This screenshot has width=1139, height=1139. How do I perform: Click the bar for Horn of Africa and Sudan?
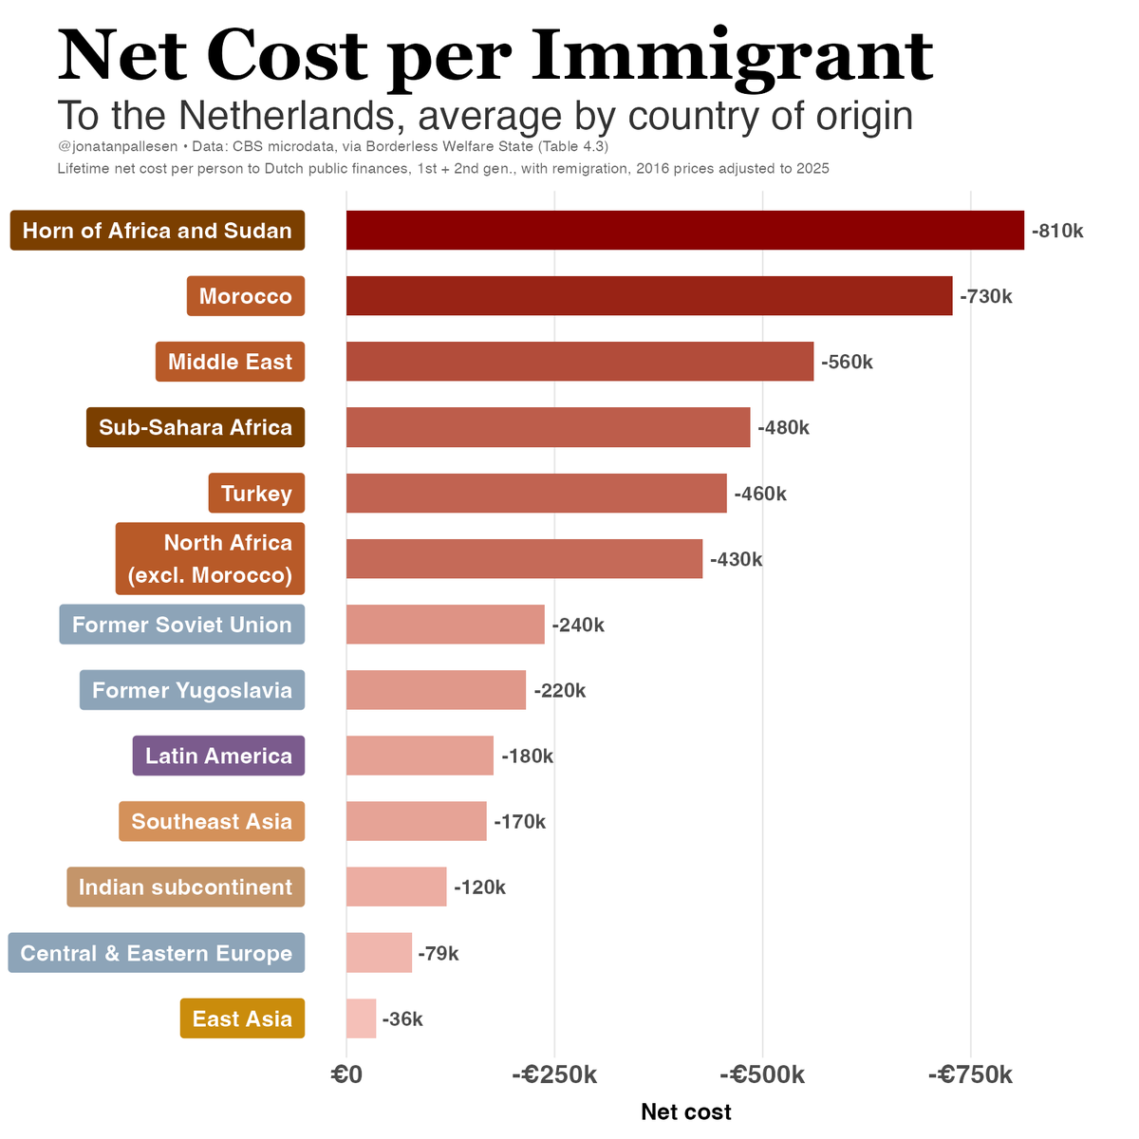coord(684,230)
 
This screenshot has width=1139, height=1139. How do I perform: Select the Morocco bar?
coord(648,296)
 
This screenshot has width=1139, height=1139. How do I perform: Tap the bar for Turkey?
coord(536,494)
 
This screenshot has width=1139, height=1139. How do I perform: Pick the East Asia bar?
coord(361,1018)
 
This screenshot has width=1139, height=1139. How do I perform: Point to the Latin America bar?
coord(420,756)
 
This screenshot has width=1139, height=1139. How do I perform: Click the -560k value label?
coord(847,362)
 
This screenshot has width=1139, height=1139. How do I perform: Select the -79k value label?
coord(439,953)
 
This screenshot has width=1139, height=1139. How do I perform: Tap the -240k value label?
coord(578,625)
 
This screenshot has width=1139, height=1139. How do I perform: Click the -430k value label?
coord(736,559)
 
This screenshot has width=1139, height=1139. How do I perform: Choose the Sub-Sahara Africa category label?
coord(196,427)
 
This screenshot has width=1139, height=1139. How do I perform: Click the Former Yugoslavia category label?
coord(192,690)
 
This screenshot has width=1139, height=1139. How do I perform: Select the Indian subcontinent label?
coord(185,887)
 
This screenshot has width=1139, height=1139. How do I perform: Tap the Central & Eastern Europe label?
coord(157,953)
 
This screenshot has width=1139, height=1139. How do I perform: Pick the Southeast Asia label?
coord(212,821)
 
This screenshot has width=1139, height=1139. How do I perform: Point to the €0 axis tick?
coord(346,1074)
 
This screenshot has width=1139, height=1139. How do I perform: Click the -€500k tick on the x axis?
coord(762,1074)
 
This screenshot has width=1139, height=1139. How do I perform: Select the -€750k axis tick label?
coord(970,1074)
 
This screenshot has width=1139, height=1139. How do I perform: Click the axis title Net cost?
coord(685,1111)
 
